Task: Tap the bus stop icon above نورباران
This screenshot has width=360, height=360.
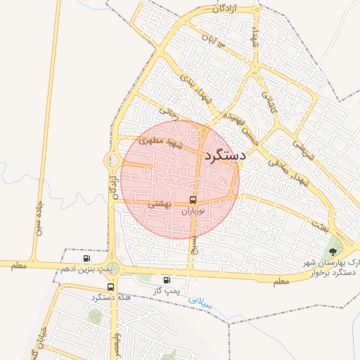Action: tap(193, 200)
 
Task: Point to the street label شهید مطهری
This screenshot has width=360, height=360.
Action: tap(160, 142)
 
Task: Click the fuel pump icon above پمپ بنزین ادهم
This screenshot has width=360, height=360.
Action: tap(86, 259)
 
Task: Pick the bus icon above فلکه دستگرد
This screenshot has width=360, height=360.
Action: tap(111, 287)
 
